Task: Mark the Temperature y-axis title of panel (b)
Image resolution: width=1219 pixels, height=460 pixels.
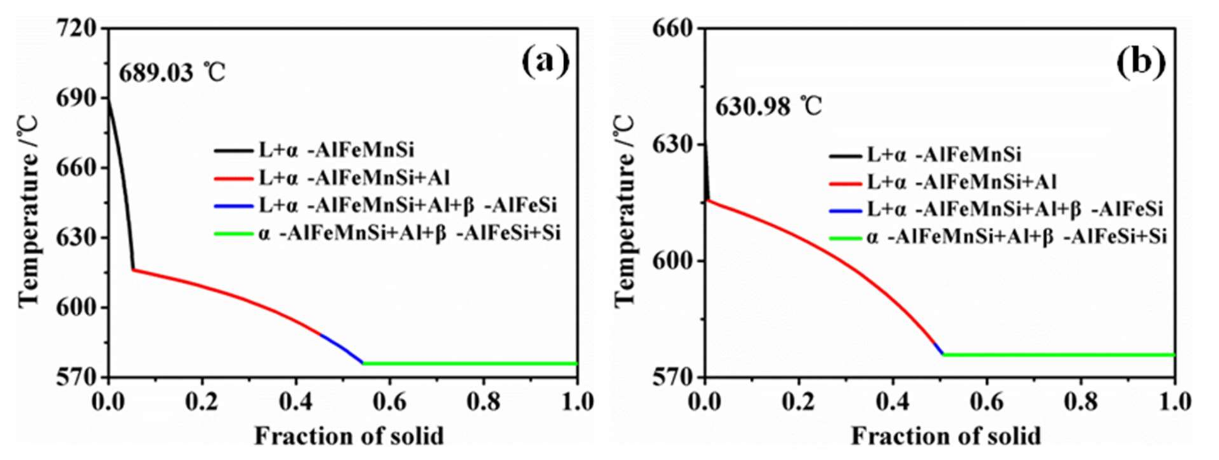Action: [x=625, y=210]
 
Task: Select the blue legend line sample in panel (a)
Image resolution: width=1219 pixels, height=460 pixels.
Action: [x=234, y=206]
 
